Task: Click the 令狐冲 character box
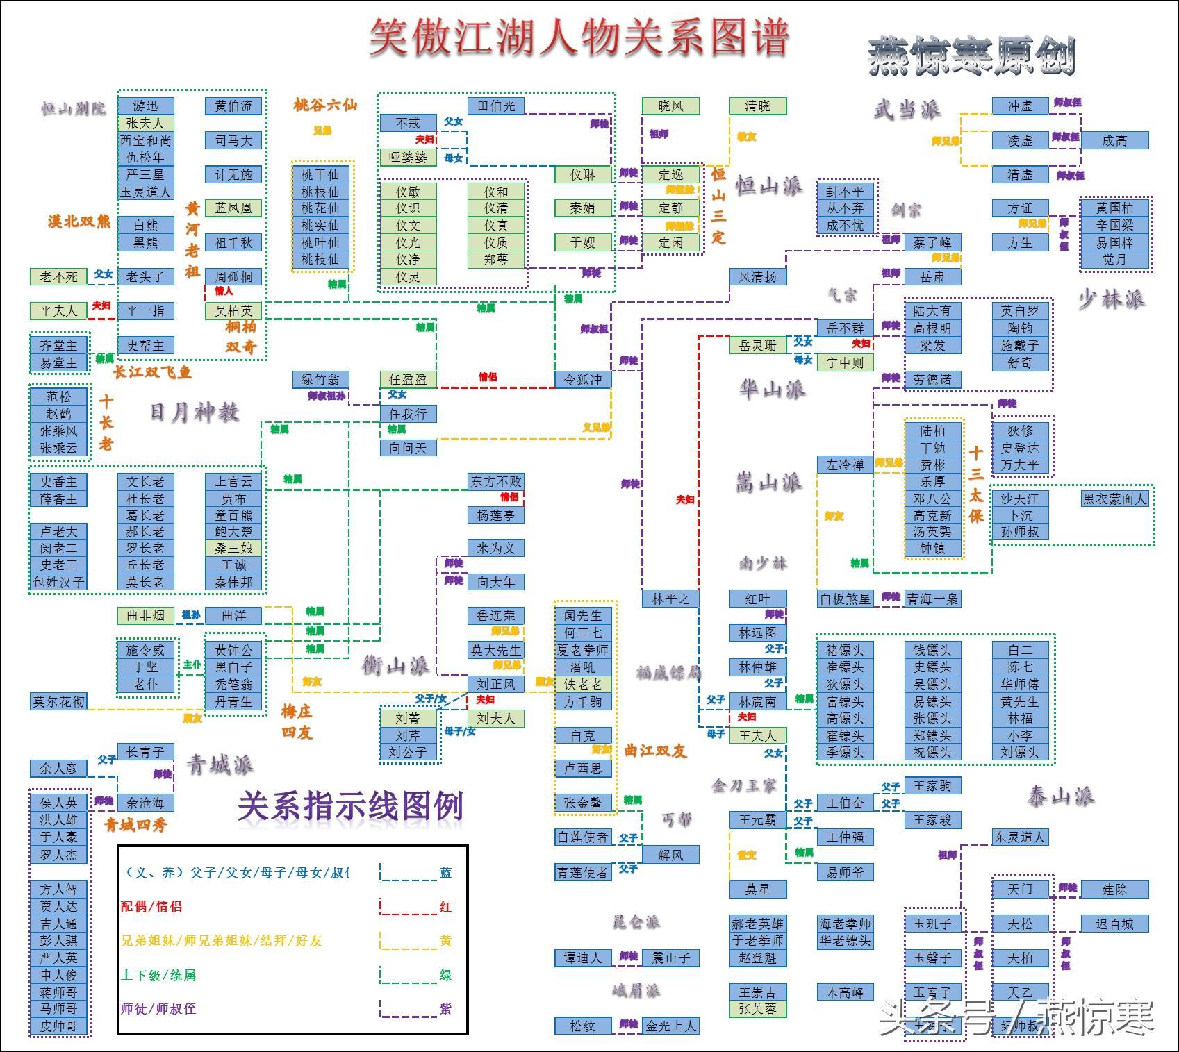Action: (x=583, y=379)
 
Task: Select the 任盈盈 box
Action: (x=408, y=379)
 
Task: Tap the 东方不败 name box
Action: (x=495, y=481)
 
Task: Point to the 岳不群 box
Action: (x=845, y=328)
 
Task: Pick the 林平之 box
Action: (x=670, y=599)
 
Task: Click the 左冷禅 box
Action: (x=845, y=465)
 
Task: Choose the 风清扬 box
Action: (x=757, y=276)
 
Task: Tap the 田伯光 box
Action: (x=495, y=106)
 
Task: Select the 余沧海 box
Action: (x=145, y=803)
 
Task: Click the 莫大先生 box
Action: (x=495, y=650)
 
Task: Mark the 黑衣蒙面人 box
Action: (x=1114, y=499)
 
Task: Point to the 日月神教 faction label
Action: (x=195, y=412)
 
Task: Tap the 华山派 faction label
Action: (x=772, y=389)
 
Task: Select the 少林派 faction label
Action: (x=1111, y=299)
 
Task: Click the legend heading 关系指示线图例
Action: (x=350, y=806)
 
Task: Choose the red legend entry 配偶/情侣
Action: (x=151, y=906)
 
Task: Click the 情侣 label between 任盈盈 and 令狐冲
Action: (x=488, y=377)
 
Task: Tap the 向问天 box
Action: (x=408, y=448)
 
